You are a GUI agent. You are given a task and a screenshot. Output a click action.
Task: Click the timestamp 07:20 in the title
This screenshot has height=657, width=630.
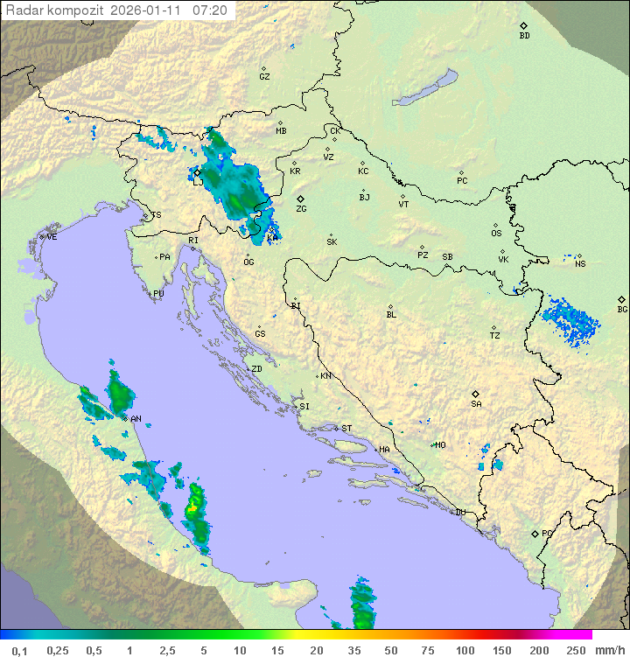pyautogui.click(x=210, y=10)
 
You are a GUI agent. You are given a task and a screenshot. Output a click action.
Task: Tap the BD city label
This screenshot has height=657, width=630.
pyautogui.click(x=524, y=36)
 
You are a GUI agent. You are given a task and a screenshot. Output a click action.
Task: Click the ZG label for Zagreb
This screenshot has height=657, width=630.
pyautogui.click(x=301, y=209)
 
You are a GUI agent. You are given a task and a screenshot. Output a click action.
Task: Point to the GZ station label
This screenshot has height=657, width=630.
pyautogui.click(x=264, y=77)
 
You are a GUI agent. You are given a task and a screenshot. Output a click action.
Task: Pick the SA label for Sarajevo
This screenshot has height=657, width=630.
pyautogui.click(x=476, y=404)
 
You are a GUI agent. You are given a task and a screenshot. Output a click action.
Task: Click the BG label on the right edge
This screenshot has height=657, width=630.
pyautogui.click(x=622, y=310)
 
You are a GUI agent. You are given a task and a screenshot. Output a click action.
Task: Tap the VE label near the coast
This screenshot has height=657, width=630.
pyautogui.click(x=52, y=237)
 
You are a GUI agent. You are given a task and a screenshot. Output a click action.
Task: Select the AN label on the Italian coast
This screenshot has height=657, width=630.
pyautogui.click(x=136, y=419)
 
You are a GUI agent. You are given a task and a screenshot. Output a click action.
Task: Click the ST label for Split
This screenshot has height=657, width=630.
pyautogui.click(x=346, y=429)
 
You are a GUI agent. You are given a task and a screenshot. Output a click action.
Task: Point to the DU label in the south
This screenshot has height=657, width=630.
pyautogui.click(x=459, y=513)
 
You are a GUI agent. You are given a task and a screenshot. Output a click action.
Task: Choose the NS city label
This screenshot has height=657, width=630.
pyautogui.click(x=580, y=264)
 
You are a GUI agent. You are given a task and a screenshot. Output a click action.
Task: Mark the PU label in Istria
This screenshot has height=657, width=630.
pyautogui.click(x=158, y=294)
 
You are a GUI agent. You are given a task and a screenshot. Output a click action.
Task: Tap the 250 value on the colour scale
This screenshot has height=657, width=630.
pyautogui.click(x=575, y=650)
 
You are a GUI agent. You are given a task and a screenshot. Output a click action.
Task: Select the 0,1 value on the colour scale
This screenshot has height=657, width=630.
pyautogui.click(x=19, y=650)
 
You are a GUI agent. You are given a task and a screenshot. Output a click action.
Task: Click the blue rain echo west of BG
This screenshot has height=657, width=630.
pyautogui.click(x=570, y=318)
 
